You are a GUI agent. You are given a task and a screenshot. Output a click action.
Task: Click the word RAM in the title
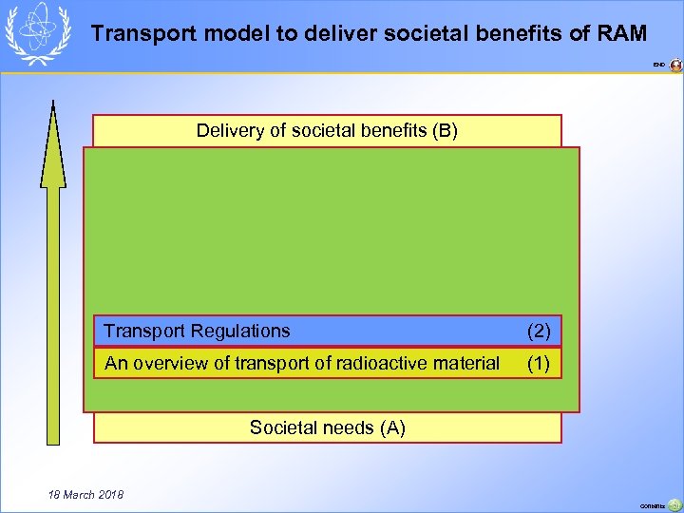click(x=621, y=34)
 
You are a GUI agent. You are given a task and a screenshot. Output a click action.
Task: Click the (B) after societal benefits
click(x=444, y=130)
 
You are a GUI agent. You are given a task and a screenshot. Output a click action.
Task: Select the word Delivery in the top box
click(x=231, y=130)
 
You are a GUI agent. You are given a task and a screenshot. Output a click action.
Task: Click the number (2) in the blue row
click(x=539, y=331)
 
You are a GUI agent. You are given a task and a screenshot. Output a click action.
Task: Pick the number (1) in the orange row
click(x=539, y=363)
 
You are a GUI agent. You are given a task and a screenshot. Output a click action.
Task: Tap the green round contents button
click(x=674, y=505)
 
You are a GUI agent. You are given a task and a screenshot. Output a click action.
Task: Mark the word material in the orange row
click(x=465, y=363)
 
